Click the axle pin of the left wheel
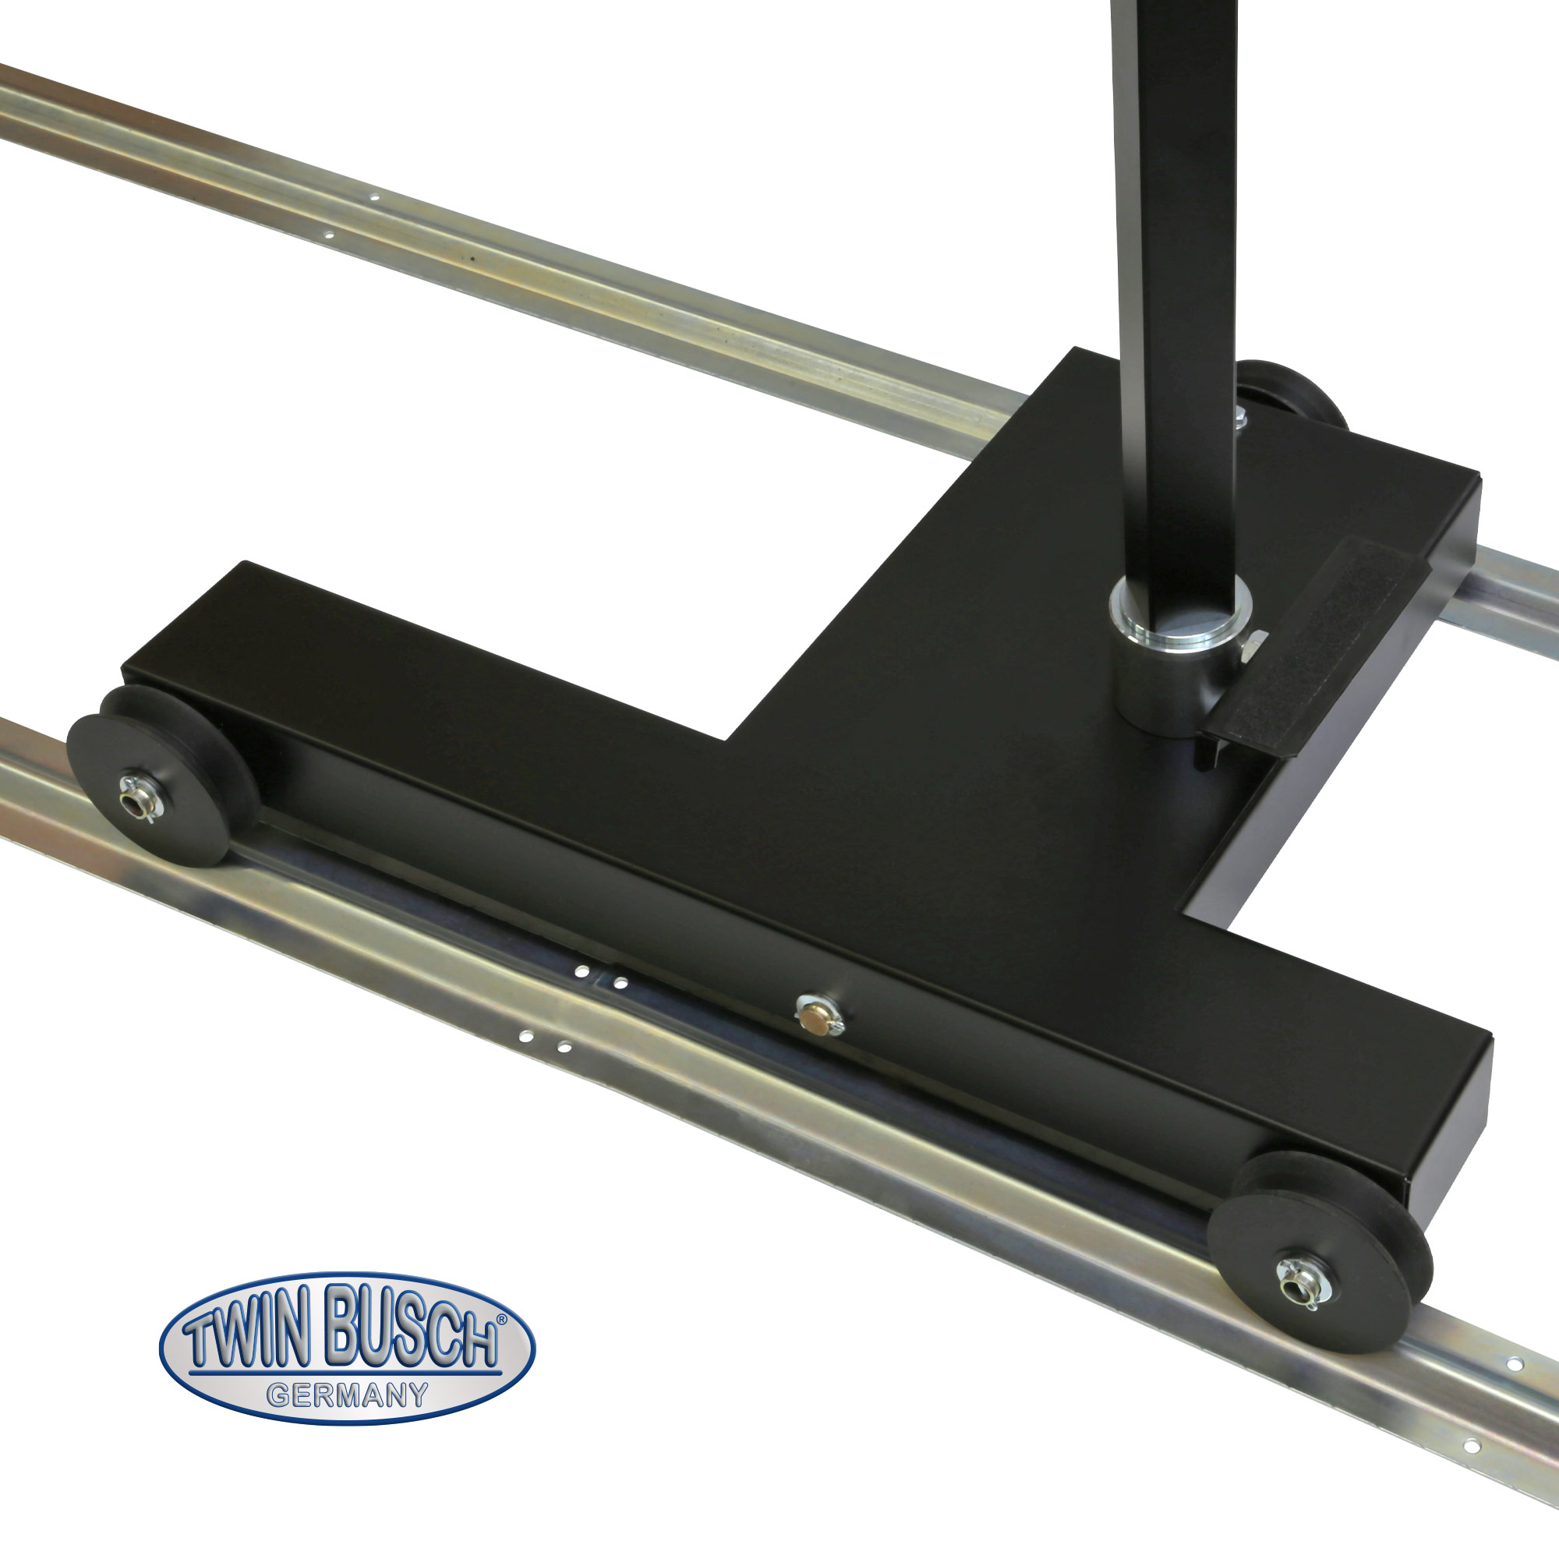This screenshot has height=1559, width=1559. tap(132, 785)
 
